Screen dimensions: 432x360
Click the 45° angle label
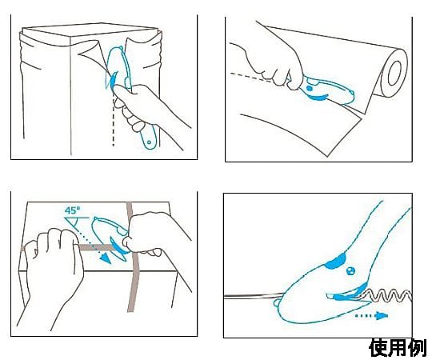73,210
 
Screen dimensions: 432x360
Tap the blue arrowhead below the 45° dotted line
106,258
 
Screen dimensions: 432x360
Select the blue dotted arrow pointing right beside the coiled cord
371,316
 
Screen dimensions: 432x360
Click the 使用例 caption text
398,348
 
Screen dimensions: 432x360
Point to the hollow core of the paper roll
395,74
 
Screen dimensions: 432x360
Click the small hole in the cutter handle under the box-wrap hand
149,142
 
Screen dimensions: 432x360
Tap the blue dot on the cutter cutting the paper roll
310,88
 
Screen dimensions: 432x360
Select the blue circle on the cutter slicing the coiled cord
350,270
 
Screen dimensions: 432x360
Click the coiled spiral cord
389,296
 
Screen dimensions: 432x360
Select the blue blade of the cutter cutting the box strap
118,246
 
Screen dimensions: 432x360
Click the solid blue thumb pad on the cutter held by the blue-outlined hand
335,262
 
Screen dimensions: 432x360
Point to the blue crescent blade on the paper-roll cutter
318,97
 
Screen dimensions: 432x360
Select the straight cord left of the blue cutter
253,296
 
